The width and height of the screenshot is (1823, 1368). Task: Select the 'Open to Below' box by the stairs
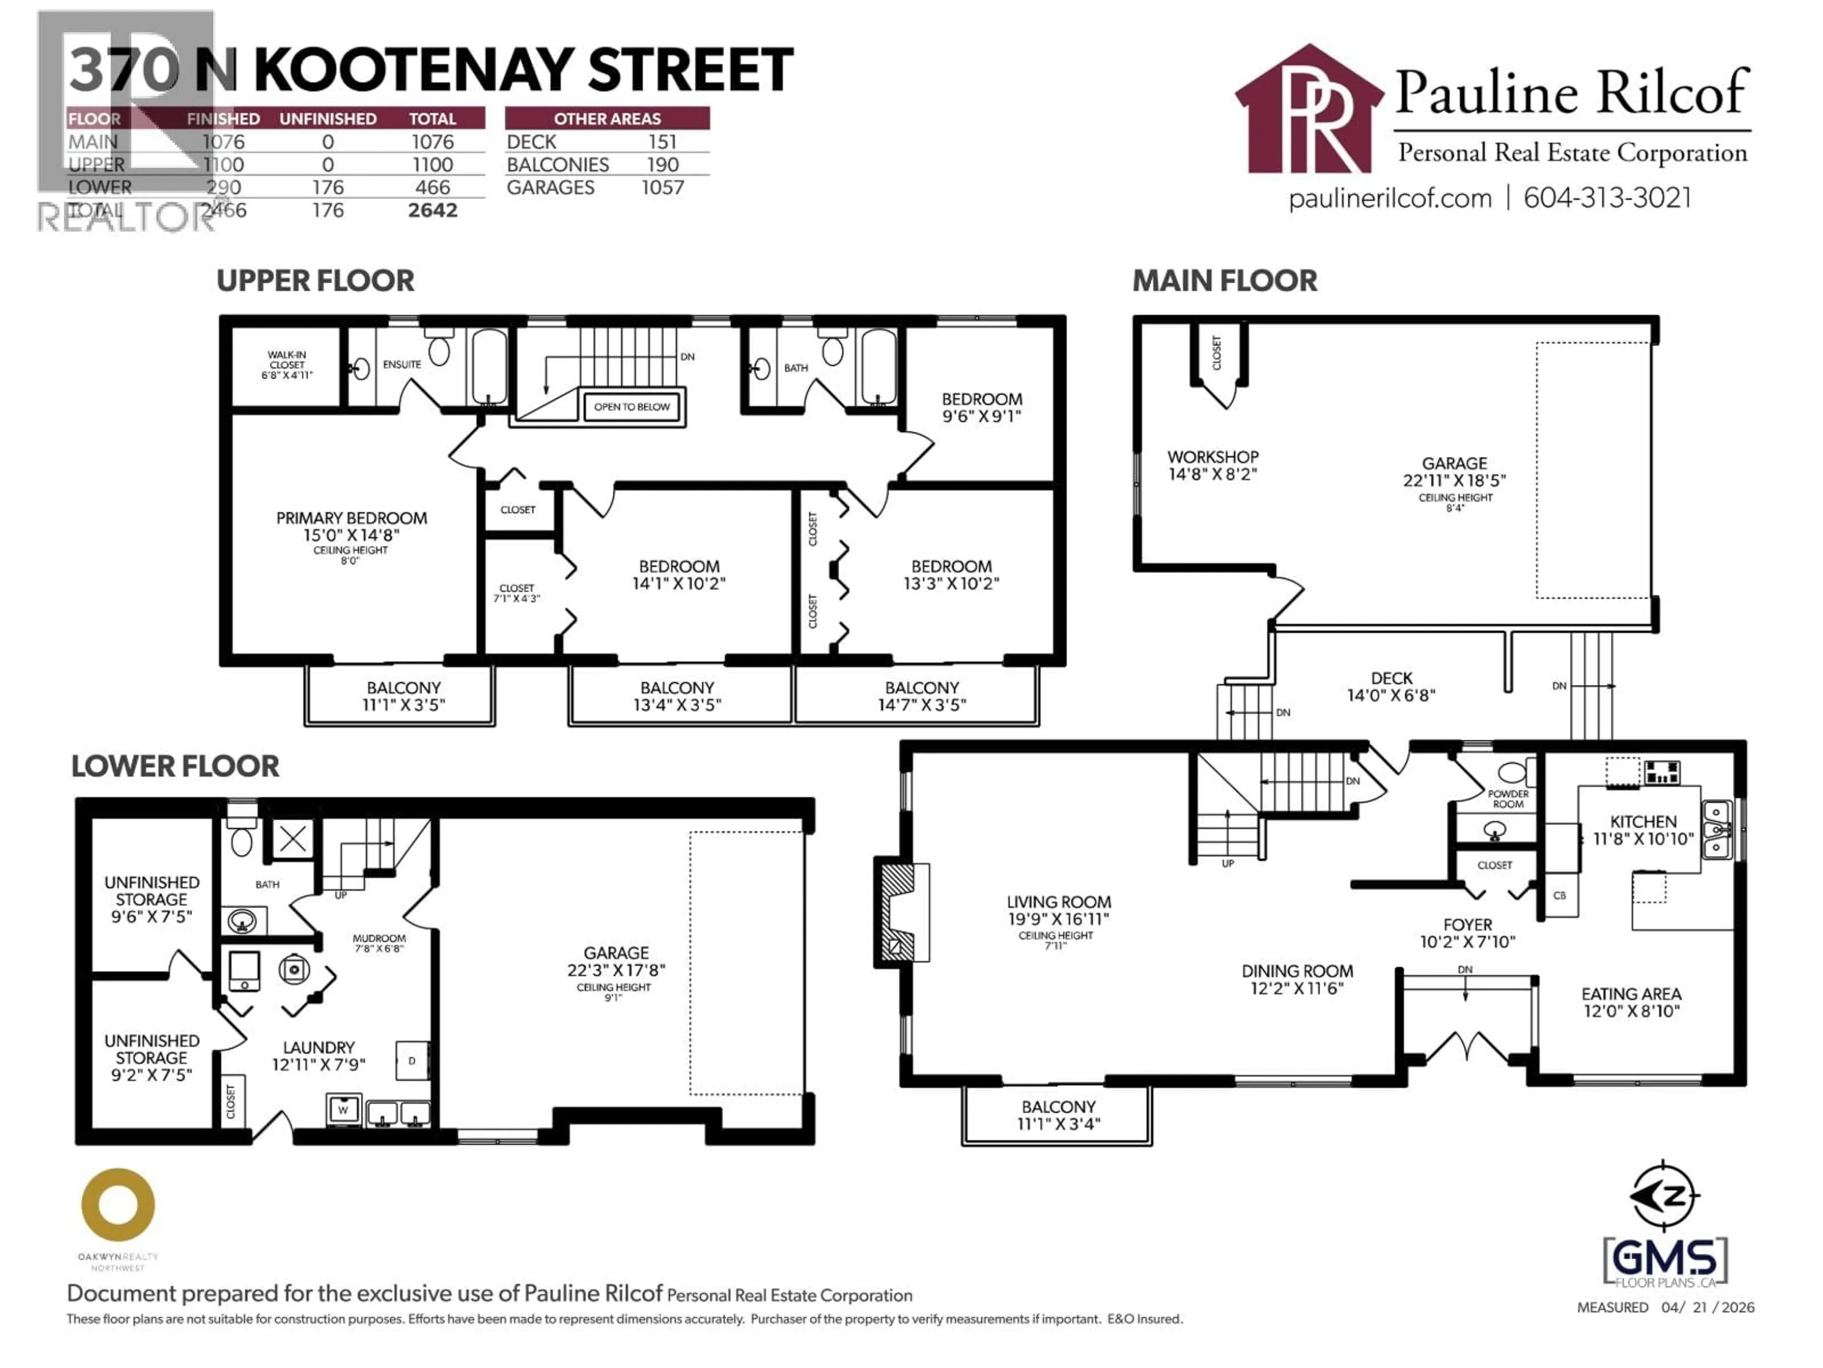coord(632,407)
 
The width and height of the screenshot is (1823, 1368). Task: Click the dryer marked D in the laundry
coord(412,1060)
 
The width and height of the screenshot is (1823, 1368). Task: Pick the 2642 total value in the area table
coord(432,210)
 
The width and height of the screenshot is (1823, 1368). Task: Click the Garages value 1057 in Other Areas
coord(663,188)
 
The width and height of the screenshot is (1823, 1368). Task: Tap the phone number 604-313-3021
coord(1607,198)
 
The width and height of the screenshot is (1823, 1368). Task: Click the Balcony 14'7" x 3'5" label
coord(921,696)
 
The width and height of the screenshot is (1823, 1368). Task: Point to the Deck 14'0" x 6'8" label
coord(1391,686)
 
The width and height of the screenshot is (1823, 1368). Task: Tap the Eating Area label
coord(1631,1002)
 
